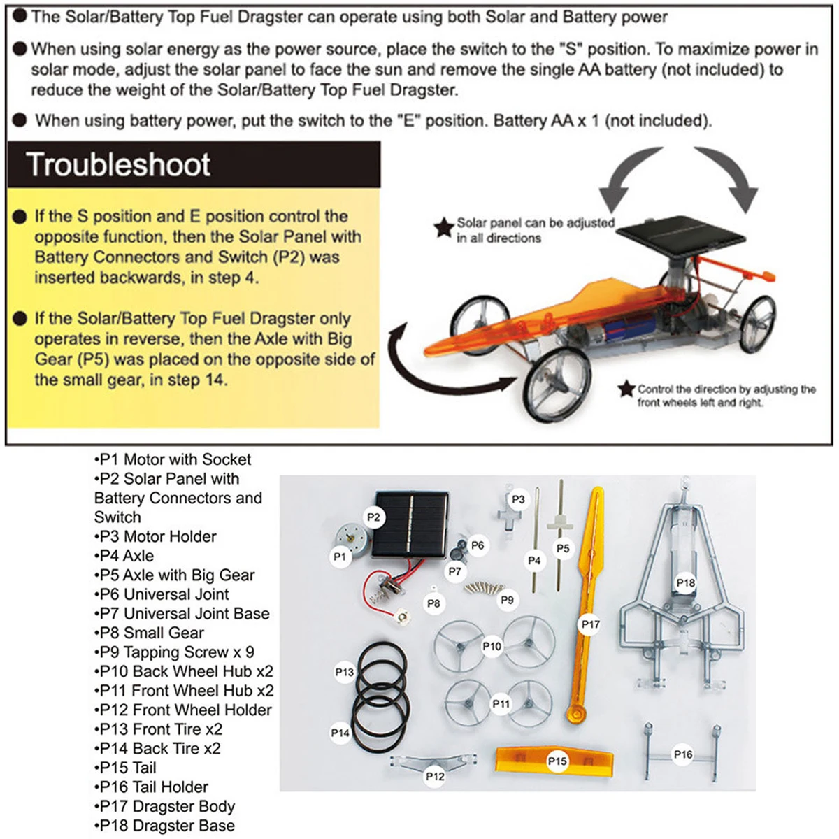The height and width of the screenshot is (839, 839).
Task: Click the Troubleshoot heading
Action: [119, 165]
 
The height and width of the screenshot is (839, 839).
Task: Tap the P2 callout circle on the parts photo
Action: [374, 517]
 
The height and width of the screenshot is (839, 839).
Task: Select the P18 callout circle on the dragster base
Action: [686, 582]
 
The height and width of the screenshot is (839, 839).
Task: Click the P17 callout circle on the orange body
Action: [591, 624]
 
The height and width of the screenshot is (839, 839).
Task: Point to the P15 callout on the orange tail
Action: [557, 761]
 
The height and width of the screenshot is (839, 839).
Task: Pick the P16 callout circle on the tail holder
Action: [683, 754]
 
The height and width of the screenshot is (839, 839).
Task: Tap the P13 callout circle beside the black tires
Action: [345, 672]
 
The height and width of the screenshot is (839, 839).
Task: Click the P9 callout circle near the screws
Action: [508, 600]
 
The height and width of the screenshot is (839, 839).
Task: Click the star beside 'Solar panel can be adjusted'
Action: [443, 228]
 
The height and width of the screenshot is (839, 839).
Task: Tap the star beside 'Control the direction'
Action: [626, 389]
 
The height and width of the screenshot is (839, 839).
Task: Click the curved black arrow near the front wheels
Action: [433, 364]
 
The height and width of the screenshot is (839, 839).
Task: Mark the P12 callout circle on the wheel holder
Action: [435, 776]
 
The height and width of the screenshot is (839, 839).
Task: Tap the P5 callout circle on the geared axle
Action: [563, 549]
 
